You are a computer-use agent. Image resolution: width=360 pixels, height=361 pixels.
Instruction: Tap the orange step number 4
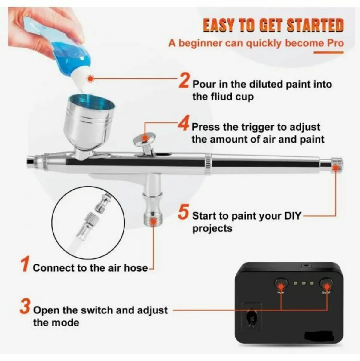tap(183, 125)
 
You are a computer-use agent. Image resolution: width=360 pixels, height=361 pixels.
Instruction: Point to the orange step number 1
tap(25, 264)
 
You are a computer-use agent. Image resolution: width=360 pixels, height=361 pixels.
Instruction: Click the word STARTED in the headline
tap(315, 25)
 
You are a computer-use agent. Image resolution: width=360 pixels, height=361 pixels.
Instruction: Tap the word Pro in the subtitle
tap(335, 43)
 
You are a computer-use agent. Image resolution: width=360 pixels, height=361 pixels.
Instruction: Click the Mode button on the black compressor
tap(281, 284)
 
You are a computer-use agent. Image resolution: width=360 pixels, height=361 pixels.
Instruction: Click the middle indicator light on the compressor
tap(304, 283)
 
